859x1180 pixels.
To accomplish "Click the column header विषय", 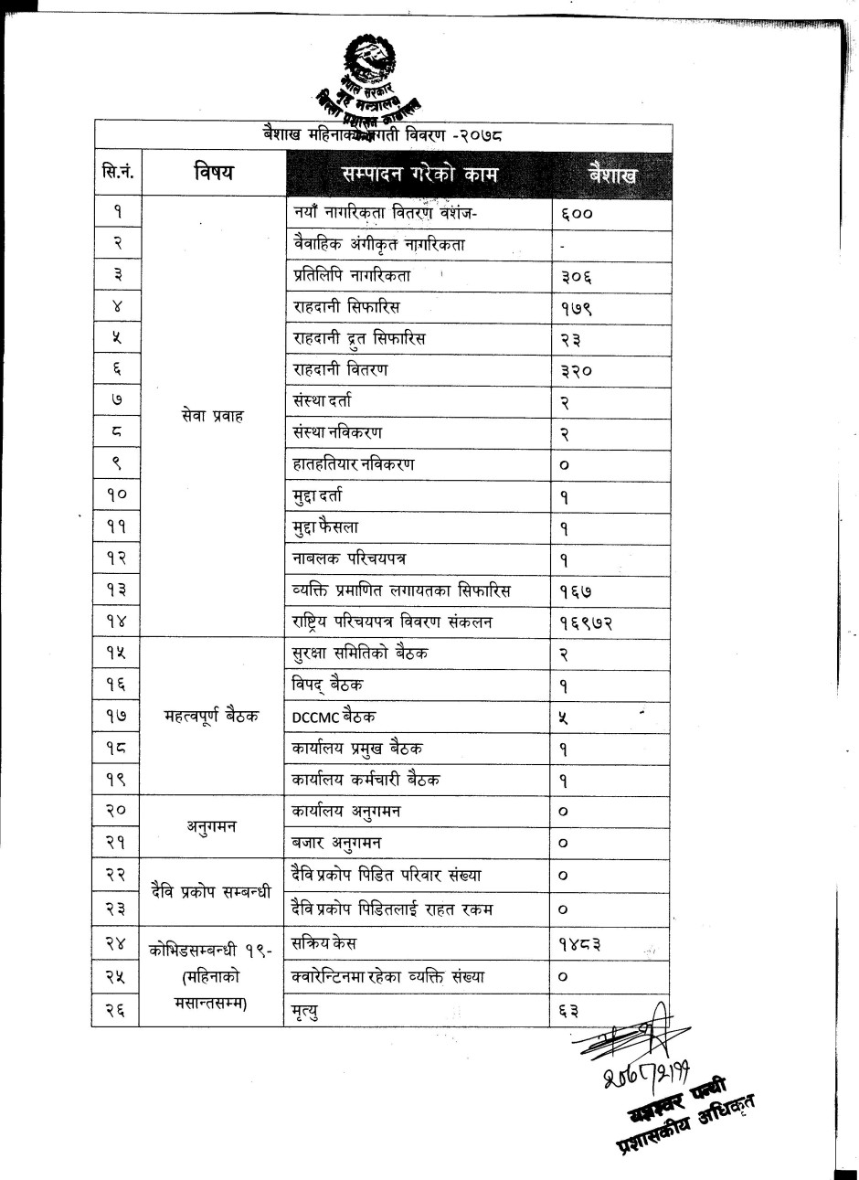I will tap(213, 171).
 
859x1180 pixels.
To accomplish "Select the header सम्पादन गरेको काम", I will tap(419, 174).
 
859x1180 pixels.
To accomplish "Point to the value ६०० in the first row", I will tap(577, 213).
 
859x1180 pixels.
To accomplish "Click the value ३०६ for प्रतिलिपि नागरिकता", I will tap(577, 275).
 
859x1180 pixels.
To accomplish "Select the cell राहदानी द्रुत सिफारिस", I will tap(359, 338).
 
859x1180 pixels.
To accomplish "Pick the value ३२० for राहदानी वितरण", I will tap(577, 369).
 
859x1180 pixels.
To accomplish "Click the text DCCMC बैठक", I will tap(334, 718).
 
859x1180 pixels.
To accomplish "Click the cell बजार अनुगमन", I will tap(337, 842).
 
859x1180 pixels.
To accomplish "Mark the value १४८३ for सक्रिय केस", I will tap(580, 942).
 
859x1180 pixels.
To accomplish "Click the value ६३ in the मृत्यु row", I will tap(568, 1009).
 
